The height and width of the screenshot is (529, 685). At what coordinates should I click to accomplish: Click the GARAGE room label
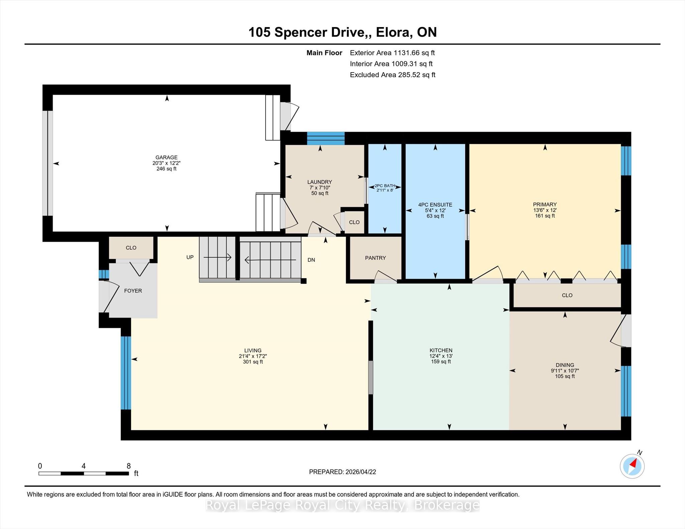(x=166, y=157)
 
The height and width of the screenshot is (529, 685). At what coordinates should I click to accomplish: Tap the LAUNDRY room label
(x=319, y=182)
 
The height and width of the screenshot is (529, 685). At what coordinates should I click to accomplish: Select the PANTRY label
(x=375, y=258)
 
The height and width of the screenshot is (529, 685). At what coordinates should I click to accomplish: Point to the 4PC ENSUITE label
(x=435, y=205)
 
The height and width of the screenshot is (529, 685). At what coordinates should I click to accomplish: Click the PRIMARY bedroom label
(x=545, y=205)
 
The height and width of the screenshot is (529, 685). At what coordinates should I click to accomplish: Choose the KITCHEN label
(x=441, y=351)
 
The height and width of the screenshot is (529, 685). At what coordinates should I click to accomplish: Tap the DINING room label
(x=565, y=365)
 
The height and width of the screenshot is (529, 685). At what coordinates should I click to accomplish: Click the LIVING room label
(x=253, y=351)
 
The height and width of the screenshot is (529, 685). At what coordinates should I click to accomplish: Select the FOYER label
(x=133, y=291)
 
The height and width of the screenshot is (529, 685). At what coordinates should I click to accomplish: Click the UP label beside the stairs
(x=190, y=257)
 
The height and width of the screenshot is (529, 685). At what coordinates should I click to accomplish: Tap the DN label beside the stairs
(x=311, y=260)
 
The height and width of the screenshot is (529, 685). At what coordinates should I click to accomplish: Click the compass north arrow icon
(x=632, y=466)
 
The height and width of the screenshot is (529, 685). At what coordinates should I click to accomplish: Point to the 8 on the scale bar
(x=128, y=466)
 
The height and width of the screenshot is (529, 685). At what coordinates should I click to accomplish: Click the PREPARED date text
(x=342, y=472)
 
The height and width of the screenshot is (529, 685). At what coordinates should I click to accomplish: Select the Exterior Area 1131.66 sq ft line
(x=392, y=53)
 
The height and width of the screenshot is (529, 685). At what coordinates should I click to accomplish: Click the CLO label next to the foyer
(x=131, y=248)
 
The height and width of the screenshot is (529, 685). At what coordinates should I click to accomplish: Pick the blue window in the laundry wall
(x=326, y=138)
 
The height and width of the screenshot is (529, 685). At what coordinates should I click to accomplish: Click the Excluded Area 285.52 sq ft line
(x=393, y=75)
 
